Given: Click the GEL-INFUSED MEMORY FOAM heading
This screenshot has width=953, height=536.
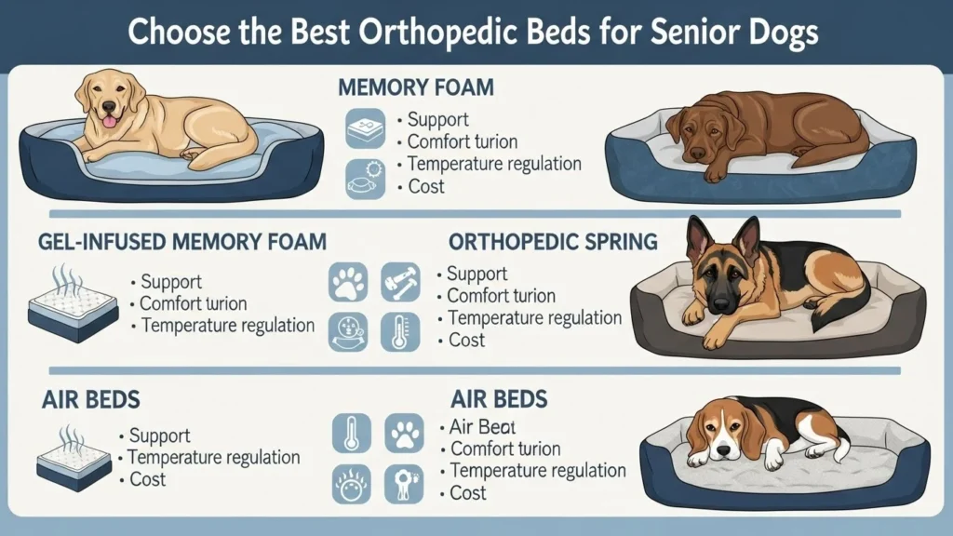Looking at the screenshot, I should tap(182, 242).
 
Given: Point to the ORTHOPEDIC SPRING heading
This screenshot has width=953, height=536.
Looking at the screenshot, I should tap(553, 242).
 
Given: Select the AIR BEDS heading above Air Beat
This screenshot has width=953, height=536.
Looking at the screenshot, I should tap(499, 400).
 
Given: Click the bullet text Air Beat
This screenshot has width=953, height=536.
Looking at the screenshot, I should tap(482, 427).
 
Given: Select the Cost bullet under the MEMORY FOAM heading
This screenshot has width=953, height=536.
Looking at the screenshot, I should tap(426, 186).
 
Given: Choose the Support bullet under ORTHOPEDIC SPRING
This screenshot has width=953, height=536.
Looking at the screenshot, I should tap(476, 274).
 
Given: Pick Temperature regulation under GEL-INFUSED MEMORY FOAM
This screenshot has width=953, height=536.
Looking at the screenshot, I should tap(227, 326).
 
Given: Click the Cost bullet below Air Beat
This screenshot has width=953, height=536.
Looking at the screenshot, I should tap(468, 492).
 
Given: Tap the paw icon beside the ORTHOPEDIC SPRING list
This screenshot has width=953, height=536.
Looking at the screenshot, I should tap(348, 282).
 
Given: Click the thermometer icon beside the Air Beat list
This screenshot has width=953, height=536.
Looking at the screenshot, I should tap(352, 433).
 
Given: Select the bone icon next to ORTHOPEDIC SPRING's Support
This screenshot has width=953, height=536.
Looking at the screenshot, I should tap(400, 282).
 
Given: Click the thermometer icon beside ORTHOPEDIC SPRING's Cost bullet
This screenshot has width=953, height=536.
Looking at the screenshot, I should tap(400, 331).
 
